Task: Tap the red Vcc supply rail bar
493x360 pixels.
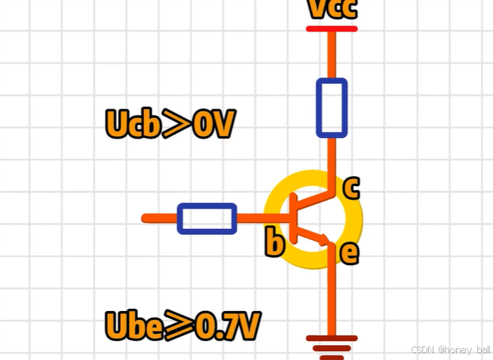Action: (x=332, y=29)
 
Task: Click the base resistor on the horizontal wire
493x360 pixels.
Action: (x=207, y=218)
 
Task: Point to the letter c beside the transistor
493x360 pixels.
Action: (x=351, y=188)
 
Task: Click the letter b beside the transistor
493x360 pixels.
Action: (x=275, y=243)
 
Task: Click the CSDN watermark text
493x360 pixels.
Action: (x=451, y=350)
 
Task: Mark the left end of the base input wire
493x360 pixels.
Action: (x=145, y=218)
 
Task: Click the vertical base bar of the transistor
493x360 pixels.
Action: (x=292, y=218)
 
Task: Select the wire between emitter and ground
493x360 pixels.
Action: (x=331, y=297)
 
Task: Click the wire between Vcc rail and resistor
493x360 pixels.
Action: (x=332, y=54)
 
